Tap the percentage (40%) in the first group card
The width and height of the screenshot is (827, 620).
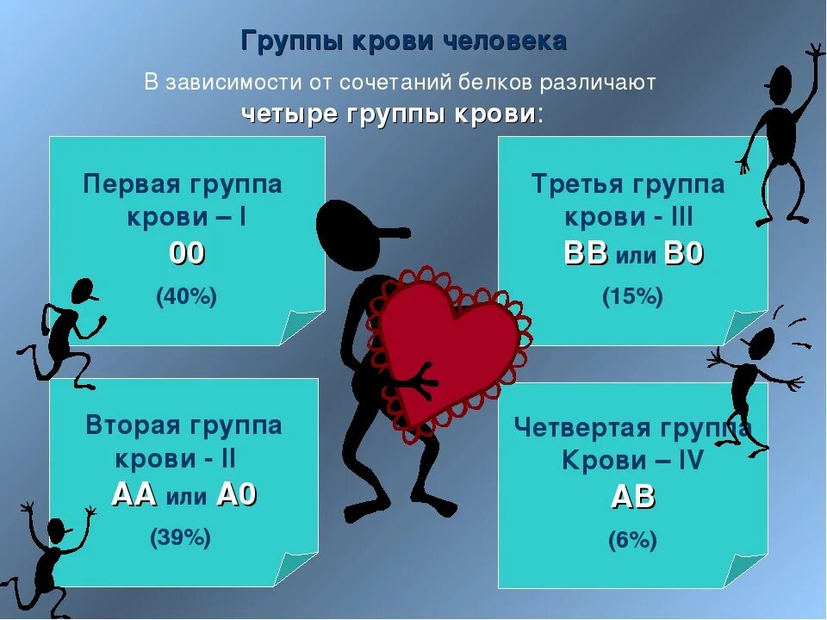pyautogui.click(x=186, y=296)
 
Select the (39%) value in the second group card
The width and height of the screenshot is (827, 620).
pyautogui.click(x=181, y=538)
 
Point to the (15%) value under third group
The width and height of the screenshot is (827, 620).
pyautogui.click(x=632, y=296)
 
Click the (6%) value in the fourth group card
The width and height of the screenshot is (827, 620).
pyautogui.click(x=632, y=540)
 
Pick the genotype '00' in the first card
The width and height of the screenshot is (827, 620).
pyautogui.click(x=187, y=253)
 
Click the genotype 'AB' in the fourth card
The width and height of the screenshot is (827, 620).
pyautogui.click(x=633, y=497)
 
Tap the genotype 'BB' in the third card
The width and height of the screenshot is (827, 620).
pyautogui.click(x=586, y=253)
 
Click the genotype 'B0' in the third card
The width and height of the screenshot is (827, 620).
pyautogui.click(x=684, y=253)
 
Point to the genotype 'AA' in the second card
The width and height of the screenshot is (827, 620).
pyautogui.click(x=134, y=494)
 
